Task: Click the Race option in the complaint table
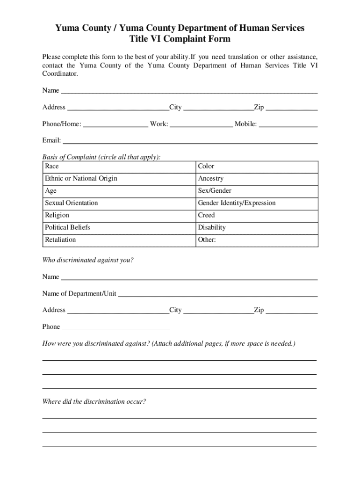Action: (x=52, y=167)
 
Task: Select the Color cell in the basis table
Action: (x=206, y=167)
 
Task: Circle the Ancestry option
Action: (x=211, y=179)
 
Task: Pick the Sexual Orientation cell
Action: (x=72, y=203)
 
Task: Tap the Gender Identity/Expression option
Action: (x=237, y=203)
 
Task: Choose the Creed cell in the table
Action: (x=207, y=215)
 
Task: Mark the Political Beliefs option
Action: (x=67, y=227)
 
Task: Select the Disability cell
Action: (x=212, y=227)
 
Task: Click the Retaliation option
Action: (x=60, y=239)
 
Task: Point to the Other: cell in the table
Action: (x=207, y=239)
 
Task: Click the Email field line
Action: (x=190, y=141)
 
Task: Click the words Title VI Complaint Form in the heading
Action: (x=180, y=39)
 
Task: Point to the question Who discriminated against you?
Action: (x=88, y=260)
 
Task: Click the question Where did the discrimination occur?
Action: (x=94, y=401)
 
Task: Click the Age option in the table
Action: (x=50, y=191)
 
